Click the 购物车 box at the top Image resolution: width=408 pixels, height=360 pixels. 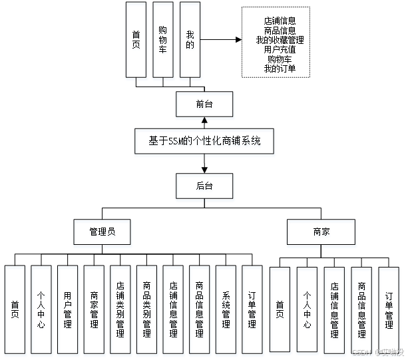coord(163,41)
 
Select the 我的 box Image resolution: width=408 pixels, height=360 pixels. coord(190,41)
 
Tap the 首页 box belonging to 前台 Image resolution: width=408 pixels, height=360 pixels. coord(136,41)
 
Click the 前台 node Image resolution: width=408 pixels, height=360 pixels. coord(204,106)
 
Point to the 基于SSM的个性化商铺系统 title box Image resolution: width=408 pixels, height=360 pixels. coord(204,143)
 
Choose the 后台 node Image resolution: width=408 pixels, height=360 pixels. coord(204,188)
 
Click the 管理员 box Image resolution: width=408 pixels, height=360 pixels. coord(102,234)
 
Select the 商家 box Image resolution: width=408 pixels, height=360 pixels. coord(321,234)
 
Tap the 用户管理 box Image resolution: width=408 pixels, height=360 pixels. coord(68,310)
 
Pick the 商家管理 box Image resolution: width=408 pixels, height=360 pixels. coord(95,310)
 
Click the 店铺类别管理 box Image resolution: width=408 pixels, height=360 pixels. coord(120,310)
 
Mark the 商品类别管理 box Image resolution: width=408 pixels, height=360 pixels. coord(147,310)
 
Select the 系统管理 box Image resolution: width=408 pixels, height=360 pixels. coord(226,310)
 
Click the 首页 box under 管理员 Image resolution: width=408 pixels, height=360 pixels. coord(15,310)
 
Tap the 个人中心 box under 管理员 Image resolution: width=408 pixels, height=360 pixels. coord(41,310)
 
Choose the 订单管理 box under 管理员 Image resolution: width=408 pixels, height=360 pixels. coord(252,310)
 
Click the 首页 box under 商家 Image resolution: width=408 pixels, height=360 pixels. coord(280,310)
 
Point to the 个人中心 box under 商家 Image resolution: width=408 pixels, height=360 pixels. coord(307,310)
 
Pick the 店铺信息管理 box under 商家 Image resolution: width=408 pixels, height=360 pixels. coord(334,310)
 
